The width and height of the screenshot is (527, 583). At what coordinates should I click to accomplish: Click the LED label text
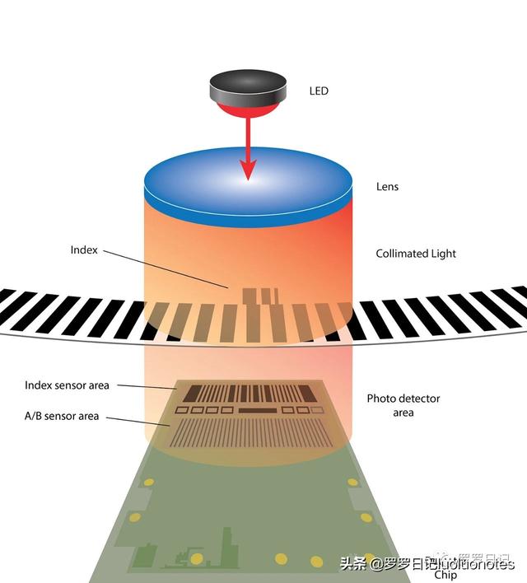tap(318, 91)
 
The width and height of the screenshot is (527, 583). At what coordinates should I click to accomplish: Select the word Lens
tap(387, 187)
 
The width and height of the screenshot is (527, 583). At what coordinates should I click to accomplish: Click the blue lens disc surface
tap(248, 185)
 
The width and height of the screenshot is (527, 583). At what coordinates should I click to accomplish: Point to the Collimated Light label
tap(416, 254)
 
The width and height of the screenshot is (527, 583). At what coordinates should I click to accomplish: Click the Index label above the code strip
tap(84, 250)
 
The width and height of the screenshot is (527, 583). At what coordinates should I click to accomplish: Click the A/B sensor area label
tap(62, 416)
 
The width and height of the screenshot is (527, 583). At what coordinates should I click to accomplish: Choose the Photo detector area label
tap(403, 404)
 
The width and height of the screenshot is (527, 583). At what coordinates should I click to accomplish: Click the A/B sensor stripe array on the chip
tap(247, 431)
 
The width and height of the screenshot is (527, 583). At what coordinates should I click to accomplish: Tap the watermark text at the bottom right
tap(427, 564)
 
